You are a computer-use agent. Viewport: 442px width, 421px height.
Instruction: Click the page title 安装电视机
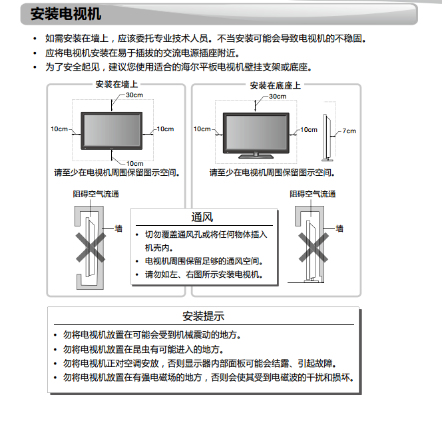tap(65, 13)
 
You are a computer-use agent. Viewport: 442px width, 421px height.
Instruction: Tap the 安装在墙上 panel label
tap(116, 85)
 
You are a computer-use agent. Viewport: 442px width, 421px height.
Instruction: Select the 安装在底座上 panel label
tap(275, 85)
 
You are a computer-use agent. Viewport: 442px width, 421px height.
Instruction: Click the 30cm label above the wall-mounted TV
tap(134, 95)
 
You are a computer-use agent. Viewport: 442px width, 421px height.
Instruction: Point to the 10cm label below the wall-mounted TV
tap(134, 163)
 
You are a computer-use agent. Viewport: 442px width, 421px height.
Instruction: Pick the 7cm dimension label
tap(349, 131)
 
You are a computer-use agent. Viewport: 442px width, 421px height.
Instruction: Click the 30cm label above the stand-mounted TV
tap(278, 97)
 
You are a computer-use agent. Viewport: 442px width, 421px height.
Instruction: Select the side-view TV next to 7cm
tap(326, 137)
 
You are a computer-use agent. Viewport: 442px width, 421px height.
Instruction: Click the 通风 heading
tap(202, 217)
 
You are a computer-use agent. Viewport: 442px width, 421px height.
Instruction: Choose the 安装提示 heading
tap(203, 316)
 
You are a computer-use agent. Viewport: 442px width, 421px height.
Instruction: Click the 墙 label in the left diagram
tap(118, 228)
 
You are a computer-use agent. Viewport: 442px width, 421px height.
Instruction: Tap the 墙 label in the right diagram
tap(339, 228)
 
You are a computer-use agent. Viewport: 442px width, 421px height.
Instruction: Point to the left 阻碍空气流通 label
tap(96, 195)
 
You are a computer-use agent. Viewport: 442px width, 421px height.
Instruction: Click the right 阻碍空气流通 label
tap(312, 195)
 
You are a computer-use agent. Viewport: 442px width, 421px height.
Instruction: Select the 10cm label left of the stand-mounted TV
tap(202, 129)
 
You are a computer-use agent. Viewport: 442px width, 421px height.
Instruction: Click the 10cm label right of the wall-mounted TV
tap(165, 129)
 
